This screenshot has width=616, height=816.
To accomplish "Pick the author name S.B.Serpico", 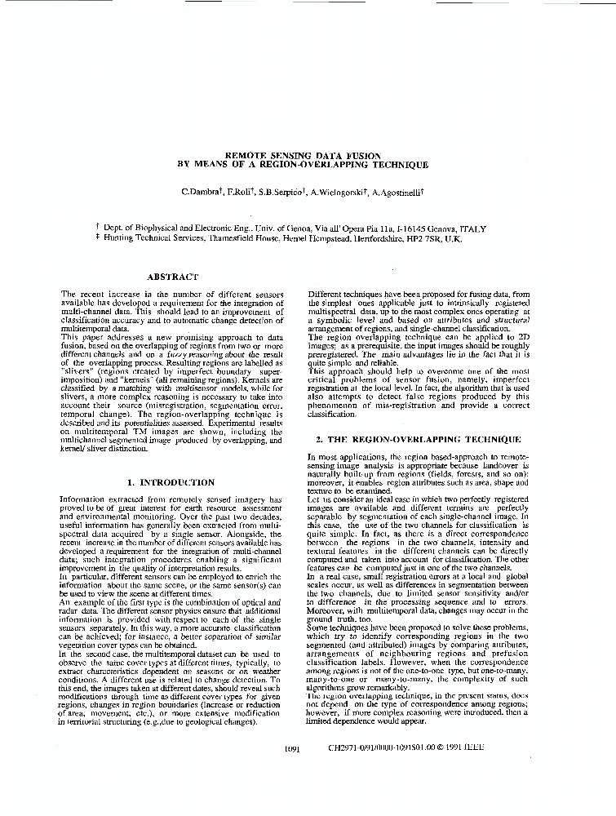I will pos(280,191).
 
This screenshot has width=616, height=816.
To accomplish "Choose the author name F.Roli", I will pos(238,191).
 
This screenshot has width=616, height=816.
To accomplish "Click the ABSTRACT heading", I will pos(172,276).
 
